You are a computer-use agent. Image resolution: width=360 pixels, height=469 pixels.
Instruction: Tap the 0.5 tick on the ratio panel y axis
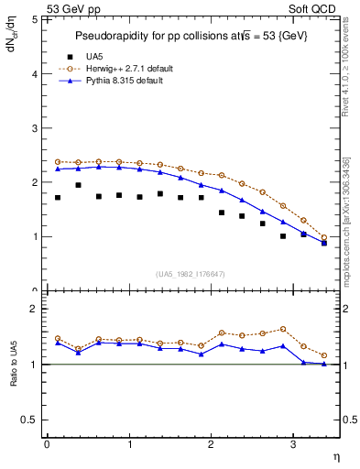[x=30, y=420]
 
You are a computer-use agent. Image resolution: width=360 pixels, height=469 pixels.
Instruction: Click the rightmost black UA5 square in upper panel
[x=324, y=244]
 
